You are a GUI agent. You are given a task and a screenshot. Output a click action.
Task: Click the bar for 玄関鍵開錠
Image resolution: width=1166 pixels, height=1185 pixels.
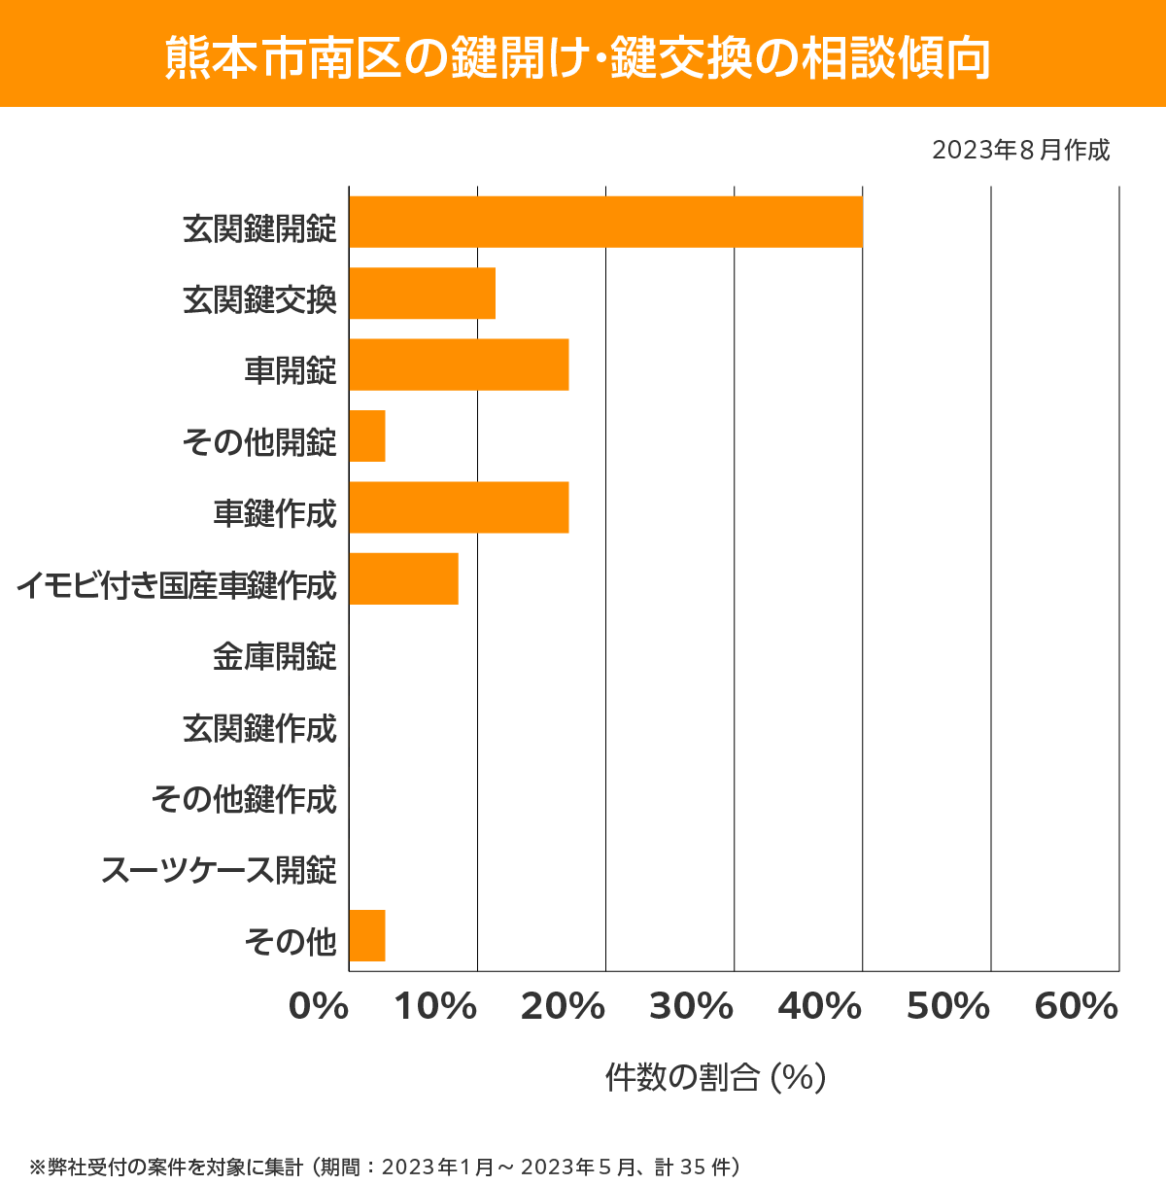point(605,222)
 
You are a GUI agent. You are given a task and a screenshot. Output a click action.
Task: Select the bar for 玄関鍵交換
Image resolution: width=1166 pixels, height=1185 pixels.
point(422,293)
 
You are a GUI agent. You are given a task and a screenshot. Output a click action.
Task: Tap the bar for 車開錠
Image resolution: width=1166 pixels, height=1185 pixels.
point(459,365)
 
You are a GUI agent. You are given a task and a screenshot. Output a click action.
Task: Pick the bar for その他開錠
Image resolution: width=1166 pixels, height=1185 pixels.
point(367,436)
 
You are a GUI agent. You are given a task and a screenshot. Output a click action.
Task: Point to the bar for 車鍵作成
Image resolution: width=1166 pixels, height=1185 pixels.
point(459,507)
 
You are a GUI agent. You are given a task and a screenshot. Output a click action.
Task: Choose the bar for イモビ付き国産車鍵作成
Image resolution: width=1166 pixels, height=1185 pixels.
point(403,578)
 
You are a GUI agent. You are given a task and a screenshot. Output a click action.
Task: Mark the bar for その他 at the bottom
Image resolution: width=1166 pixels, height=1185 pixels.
point(367,935)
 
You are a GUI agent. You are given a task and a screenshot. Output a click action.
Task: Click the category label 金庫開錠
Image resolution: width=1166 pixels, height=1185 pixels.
point(275,657)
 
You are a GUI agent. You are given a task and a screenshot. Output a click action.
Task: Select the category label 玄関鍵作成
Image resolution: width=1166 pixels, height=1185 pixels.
point(259,728)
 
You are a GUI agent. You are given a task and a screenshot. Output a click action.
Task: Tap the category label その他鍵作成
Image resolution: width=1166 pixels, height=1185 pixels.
point(244,799)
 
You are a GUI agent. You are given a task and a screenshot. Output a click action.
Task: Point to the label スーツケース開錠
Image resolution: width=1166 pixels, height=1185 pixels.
point(219,870)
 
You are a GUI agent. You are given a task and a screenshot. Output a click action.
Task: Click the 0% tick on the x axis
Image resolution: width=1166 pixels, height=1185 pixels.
point(319,1007)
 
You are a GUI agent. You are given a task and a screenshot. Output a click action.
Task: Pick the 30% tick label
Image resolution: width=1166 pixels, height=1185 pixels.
point(691,1007)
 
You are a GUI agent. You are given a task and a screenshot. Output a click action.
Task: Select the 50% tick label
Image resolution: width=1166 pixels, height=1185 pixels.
point(947,1007)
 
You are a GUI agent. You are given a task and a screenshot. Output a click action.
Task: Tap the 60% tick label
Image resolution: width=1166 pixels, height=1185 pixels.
point(1077,1007)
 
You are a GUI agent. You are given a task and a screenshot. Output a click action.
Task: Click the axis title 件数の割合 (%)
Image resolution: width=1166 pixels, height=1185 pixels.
point(715,1077)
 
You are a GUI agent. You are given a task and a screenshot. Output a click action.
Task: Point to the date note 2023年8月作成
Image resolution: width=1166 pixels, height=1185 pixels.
point(1020,151)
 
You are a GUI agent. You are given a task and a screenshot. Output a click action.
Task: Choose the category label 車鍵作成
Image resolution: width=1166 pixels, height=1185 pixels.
point(275,513)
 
